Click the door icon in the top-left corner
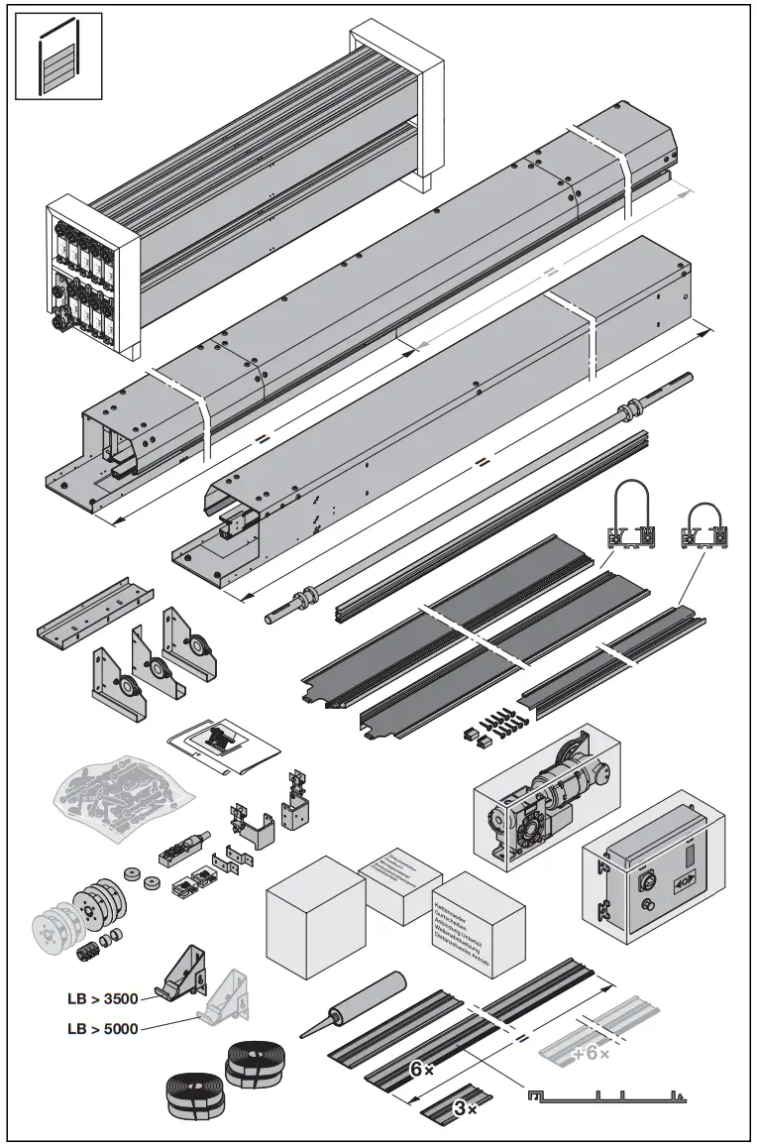pos(58,57)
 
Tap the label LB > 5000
pos(96,1028)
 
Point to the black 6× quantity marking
pos(421,1070)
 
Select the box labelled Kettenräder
pos(479,922)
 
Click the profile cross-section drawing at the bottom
pos(604,1096)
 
